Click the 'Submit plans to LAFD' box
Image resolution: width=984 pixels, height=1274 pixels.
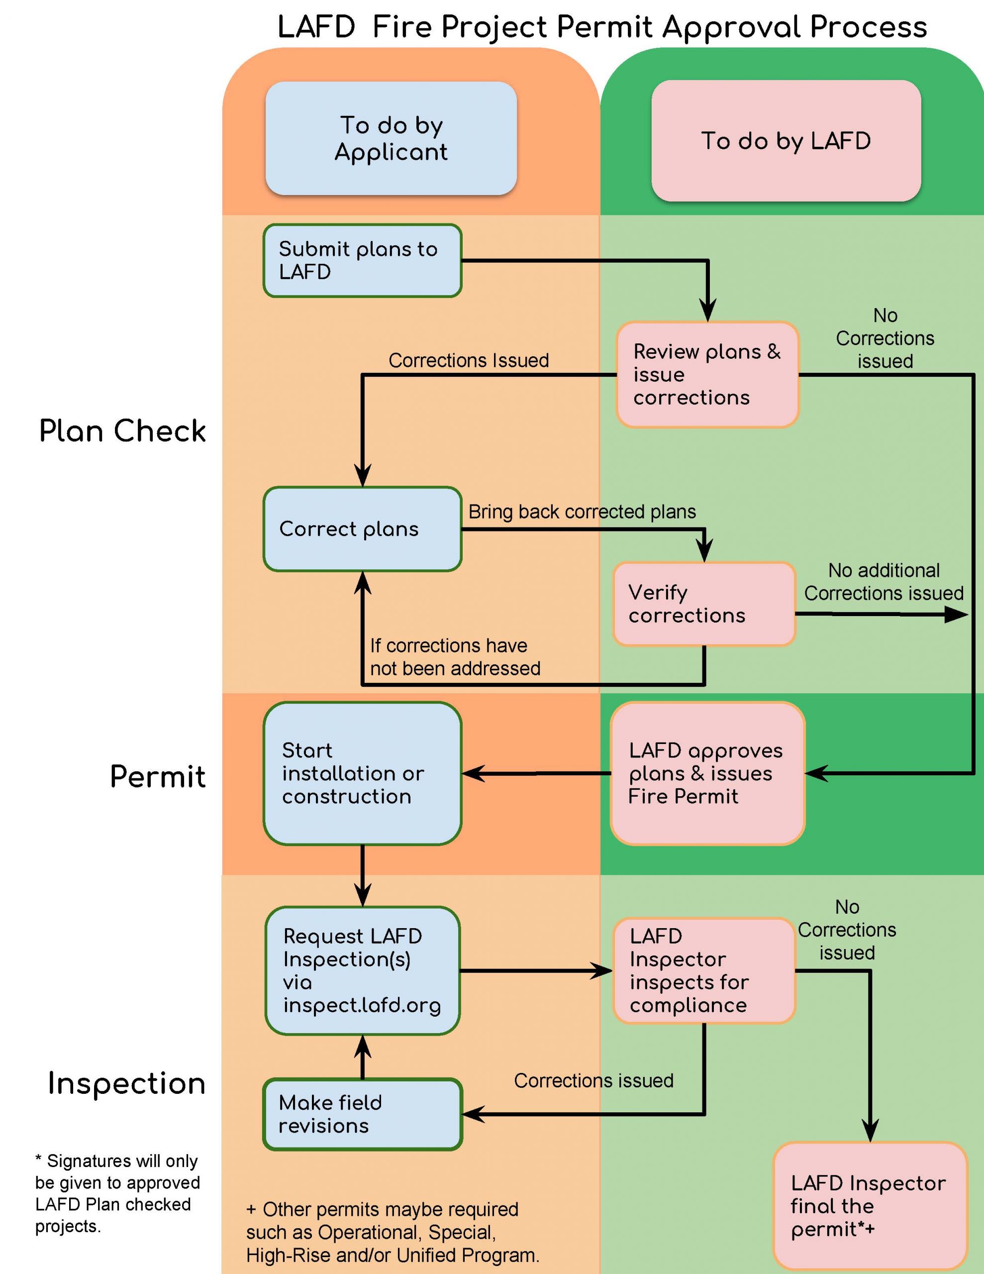[362, 261]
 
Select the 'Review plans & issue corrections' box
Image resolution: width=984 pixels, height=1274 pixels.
[707, 375]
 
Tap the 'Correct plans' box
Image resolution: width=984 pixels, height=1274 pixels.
[362, 529]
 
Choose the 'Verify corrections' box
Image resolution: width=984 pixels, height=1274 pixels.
[704, 604]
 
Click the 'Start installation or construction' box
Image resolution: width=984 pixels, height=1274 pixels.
[362, 773]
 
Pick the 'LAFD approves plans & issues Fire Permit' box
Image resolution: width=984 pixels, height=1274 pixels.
[707, 773]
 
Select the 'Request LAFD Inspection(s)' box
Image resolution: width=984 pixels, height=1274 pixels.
[362, 970]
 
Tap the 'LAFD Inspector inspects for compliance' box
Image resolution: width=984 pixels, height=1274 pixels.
[704, 970]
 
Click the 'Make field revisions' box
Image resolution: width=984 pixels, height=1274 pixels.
[362, 1114]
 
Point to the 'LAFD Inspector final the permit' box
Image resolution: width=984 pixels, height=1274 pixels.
[870, 1206]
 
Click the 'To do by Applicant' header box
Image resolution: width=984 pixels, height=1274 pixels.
[391, 138]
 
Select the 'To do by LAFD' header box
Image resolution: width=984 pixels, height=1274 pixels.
[786, 140]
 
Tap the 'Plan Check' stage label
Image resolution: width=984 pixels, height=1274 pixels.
[122, 431]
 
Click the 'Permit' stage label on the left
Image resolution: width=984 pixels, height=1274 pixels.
[158, 776]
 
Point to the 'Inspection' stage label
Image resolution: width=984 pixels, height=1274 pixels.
[126, 1083]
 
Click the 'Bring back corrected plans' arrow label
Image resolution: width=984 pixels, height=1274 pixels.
[582, 512]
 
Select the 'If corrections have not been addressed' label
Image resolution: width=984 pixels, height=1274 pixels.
[455, 657]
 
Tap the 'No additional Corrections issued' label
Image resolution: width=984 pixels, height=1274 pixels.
[884, 582]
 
